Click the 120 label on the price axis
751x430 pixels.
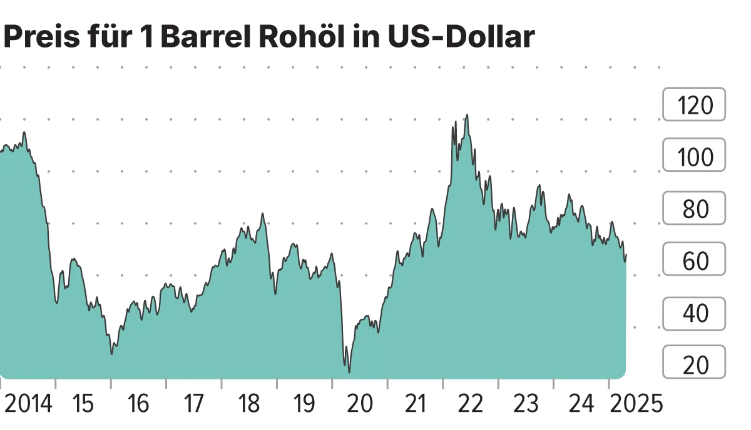(x=694, y=105)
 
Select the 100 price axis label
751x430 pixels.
(x=694, y=156)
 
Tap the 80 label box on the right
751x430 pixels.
(x=694, y=208)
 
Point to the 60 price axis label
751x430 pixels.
(x=694, y=260)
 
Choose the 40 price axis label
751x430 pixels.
(x=694, y=312)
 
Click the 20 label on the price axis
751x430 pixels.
(x=694, y=364)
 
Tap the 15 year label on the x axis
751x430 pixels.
(x=83, y=404)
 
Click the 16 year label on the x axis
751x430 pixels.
(x=138, y=404)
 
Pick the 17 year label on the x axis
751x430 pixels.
(x=193, y=404)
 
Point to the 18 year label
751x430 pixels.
(x=248, y=404)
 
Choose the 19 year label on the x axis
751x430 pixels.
(x=304, y=404)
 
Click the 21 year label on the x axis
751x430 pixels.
(x=415, y=404)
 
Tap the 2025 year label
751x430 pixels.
(x=636, y=404)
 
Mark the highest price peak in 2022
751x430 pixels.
(x=467, y=115)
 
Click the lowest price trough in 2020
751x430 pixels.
(x=349, y=372)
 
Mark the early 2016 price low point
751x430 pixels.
(x=112, y=354)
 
